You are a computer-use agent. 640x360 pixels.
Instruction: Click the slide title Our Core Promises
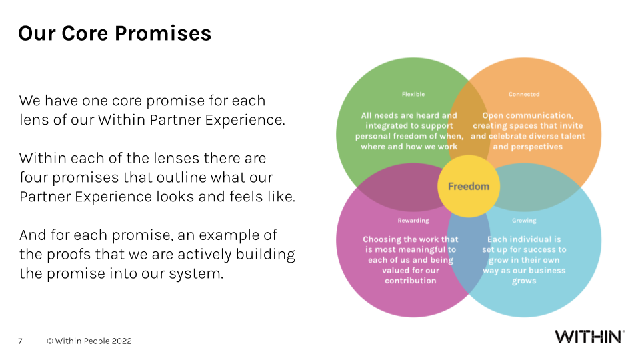pos(115,33)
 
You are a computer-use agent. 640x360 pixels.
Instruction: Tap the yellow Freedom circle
pos(468,186)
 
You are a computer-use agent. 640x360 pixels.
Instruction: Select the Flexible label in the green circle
pos(413,94)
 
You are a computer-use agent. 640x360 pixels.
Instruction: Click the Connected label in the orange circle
pos(524,94)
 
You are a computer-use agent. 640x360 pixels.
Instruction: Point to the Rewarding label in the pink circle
pos(413,221)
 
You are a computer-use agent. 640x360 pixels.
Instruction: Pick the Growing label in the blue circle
pos(524,221)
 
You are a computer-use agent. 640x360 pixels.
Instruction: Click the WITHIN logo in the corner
pos(589,337)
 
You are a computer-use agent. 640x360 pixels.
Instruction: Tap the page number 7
pos(20,341)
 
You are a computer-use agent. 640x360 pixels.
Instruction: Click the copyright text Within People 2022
pos(89,341)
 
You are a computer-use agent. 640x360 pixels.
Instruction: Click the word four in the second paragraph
pos(33,179)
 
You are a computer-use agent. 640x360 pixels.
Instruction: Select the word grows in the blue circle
pos(523,281)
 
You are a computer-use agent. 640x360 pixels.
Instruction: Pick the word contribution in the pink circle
pos(411,281)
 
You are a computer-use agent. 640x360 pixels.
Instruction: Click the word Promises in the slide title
pos(165,33)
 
